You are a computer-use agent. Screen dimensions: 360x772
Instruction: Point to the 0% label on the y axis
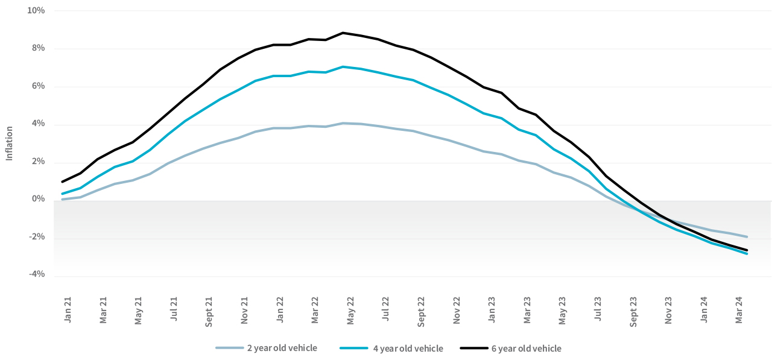tap(39, 199)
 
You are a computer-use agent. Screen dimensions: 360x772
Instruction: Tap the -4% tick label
tap(37, 274)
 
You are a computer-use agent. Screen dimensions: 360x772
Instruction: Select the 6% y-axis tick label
tap(39, 86)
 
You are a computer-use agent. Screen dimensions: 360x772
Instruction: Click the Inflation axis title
tap(9, 143)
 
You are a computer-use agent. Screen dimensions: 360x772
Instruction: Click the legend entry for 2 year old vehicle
tap(281, 348)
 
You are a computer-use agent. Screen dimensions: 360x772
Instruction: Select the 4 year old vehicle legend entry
tap(407, 348)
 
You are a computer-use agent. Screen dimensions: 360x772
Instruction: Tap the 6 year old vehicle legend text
tap(526, 348)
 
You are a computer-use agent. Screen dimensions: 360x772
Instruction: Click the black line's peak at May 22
tap(343, 33)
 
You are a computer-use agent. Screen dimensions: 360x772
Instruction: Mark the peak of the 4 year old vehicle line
tap(343, 66)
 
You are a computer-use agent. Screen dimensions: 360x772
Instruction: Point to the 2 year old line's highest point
tap(343, 123)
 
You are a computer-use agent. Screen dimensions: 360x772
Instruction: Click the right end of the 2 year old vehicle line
tap(747, 236)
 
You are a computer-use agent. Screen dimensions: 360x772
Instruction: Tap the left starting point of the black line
tap(62, 182)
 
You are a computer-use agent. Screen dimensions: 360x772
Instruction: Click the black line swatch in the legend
tap(474, 348)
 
